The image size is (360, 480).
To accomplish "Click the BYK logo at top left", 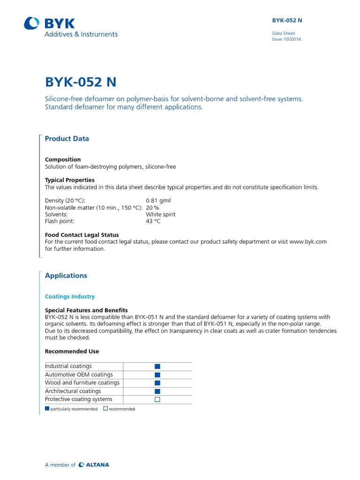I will point(49,23).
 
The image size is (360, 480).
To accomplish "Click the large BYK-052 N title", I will point(81,82).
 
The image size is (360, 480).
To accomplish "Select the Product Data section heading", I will point(67,139).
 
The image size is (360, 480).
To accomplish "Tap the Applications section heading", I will point(66,276).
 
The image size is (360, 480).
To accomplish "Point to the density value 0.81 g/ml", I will point(158,200).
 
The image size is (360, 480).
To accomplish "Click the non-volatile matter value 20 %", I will point(152,207).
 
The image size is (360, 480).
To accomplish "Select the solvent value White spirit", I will point(161,214).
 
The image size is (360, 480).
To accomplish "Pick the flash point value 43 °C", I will point(153,221).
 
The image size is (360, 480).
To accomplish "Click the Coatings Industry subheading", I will point(70,296).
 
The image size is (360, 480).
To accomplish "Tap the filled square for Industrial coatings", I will point(157,366).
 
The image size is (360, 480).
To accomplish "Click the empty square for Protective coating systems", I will point(157,399).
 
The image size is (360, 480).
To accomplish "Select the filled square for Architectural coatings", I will point(157,391).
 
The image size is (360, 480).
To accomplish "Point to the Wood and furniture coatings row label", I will point(82,382).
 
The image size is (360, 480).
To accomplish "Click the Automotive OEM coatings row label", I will point(79,375).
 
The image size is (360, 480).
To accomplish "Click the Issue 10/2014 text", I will point(286,39).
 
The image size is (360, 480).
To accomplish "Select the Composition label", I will point(63,159).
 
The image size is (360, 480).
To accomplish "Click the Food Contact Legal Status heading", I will point(82,234).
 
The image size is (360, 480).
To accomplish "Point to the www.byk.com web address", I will point(308,242).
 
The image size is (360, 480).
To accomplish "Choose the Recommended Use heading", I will point(72,351).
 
